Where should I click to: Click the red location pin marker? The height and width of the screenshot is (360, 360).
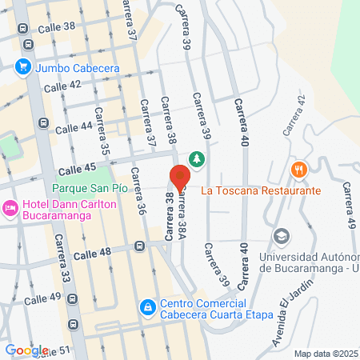179,176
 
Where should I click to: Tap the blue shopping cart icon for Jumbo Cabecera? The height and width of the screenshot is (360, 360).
24,68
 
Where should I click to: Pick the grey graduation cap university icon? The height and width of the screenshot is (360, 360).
281,237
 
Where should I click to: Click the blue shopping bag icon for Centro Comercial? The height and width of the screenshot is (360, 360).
147,307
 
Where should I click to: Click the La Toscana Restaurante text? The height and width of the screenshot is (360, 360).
261,190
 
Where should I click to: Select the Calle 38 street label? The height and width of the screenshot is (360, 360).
58,26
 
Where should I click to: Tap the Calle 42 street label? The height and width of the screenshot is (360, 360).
63,86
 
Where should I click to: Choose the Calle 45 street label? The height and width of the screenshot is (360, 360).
78,167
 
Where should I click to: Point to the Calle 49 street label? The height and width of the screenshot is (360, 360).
42,298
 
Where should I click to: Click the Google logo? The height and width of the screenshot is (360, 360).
26,350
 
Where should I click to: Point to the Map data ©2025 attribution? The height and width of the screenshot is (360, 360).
326,354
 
